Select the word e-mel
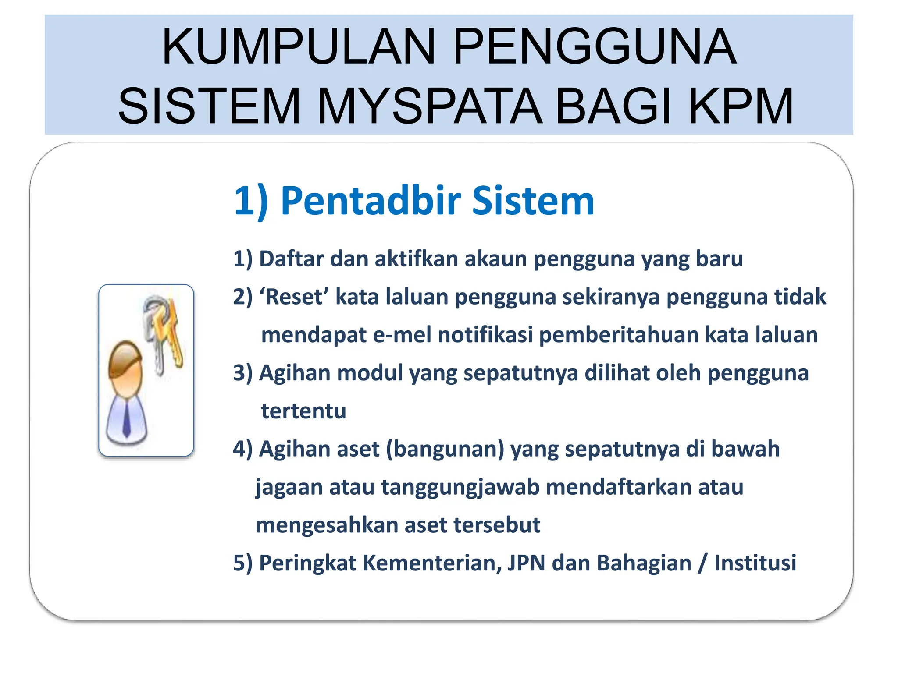401,335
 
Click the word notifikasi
485,335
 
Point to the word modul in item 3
370,373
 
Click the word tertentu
303,411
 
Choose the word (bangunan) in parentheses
445,449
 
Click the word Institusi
755,563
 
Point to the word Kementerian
432,563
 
